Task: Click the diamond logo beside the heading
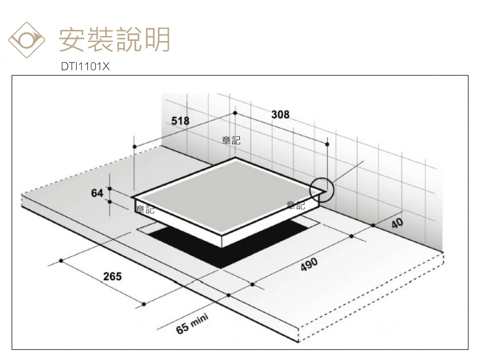(x=27, y=40)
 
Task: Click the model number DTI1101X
(x=85, y=66)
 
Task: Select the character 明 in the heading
(x=157, y=40)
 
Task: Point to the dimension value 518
(x=180, y=121)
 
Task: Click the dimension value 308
(x=280, y=114)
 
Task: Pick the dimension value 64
(x=97, y=193)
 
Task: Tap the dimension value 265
(x=112, y=276)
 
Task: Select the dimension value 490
(x=309, y=264)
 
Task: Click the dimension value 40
(x=397, y=223)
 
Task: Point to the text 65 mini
(x=192, y=324)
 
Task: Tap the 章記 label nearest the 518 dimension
(x=231, y=140)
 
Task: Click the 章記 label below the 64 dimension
(x=145, y=209)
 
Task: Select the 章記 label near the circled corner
(x=296, y=205)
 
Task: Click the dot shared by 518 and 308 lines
(x=235, y=113)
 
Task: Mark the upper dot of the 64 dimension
(x=110, y=189)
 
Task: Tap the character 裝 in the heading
(x=100, y=40)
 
